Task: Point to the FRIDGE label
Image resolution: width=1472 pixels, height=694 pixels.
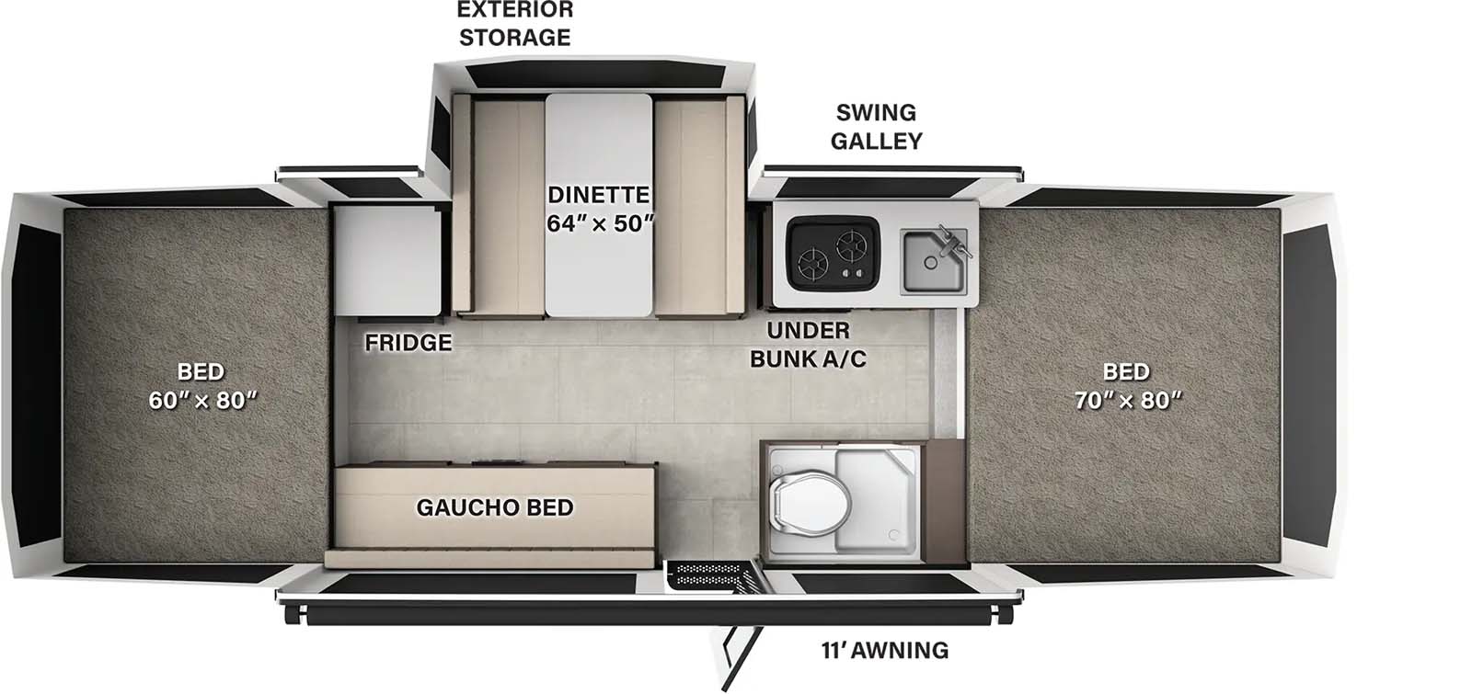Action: [x=408, y=343]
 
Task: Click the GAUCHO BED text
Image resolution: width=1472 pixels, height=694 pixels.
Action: [x=494, y=507]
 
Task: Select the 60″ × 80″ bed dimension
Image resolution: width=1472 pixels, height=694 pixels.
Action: [x=201, y=401]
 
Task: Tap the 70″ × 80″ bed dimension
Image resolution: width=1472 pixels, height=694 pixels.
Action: [x=1127, y=401]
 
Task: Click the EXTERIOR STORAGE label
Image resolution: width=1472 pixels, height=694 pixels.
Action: [x=515, y=24]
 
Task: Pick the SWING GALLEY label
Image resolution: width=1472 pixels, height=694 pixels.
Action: [x=876, y=127]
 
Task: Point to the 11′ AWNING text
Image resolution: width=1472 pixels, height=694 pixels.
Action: [x=884, y=651]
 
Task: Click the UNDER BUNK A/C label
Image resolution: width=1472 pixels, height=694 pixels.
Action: [x=808, y=345]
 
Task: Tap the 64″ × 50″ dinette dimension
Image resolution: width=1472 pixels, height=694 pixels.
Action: [x=600, y=223]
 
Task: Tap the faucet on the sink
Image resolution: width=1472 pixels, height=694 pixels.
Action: [x=952, y=241]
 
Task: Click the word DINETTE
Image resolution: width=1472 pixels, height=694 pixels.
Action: [x=598, y=195]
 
